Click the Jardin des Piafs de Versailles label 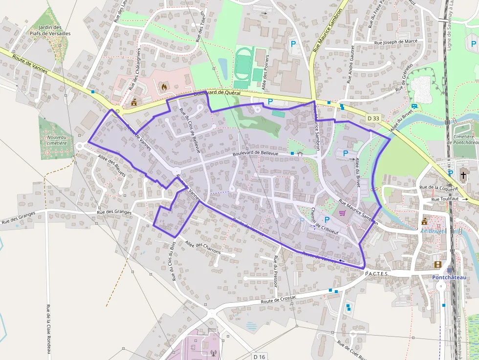pos(57,30)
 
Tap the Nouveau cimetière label pos(57,141)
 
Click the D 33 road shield pos(373,118)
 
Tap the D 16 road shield pos(259,357)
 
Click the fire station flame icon pos(164,87)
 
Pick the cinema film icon pos(437,264)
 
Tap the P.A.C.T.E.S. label pos(376,274)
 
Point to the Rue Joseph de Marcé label pos(395,42)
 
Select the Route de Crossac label pos(279,299)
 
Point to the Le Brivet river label pos(433,231)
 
